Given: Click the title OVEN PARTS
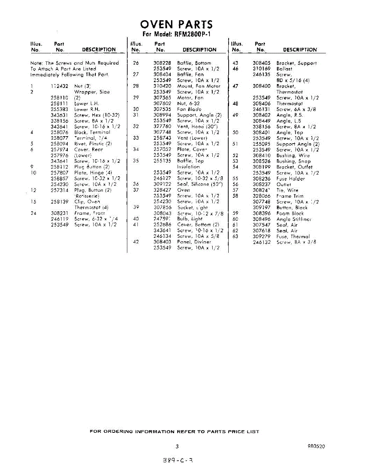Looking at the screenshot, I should coord(176,25).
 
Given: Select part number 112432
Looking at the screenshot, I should coord(60,86).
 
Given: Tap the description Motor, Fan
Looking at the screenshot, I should coord(190,98).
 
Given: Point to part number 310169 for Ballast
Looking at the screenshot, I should coord(262,69).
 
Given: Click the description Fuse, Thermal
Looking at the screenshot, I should coord(293,236).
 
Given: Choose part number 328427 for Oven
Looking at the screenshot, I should coord(162,190).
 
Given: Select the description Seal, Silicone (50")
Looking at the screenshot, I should coord(200,184).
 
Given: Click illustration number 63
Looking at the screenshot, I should coord(235,236).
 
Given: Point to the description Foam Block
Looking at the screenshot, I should coord(290,213).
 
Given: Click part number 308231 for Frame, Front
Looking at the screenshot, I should coord(60,213).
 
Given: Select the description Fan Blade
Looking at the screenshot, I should coord(189,109).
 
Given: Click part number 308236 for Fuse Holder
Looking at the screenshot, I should coord(262,179).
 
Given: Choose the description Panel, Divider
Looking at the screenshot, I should coord(194,242).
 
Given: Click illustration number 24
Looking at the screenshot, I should coord(33,213).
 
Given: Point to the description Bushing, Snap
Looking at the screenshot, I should coord(293,161).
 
